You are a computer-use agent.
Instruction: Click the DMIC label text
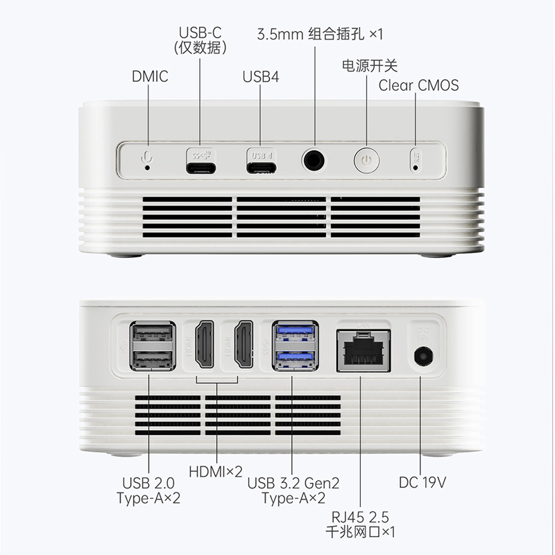pyautogui.click(x=150, y=76)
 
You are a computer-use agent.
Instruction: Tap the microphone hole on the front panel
pyautogui.click(x=148, y=166)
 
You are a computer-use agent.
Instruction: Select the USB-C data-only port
pyautogui.click(x=200, y=167)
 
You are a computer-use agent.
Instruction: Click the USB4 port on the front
pyautogui.click(x=261, y=167)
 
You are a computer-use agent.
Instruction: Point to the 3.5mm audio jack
pyautogui.click(x=314, y=160)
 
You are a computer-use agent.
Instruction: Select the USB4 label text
pyautogui.click(x=261, y=76)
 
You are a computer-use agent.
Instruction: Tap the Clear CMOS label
pyautogui.click(x=418, y=85)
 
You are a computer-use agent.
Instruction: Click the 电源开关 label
pyautogui.click(x=370, y=65)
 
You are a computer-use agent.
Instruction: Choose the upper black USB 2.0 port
pyautogui.click(x=153, y=334)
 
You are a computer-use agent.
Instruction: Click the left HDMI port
pyautogui.click(x=205, y=345)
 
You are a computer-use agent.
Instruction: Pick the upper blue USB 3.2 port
pyautogui.click(x=296, y=334)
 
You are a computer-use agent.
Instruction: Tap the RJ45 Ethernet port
pyautogui.click(x=363, y=352)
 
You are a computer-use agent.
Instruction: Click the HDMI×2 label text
pyautogui.click(x=216, y=472)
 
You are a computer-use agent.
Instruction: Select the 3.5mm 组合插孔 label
pyautogui.click(x=321, y=34)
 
